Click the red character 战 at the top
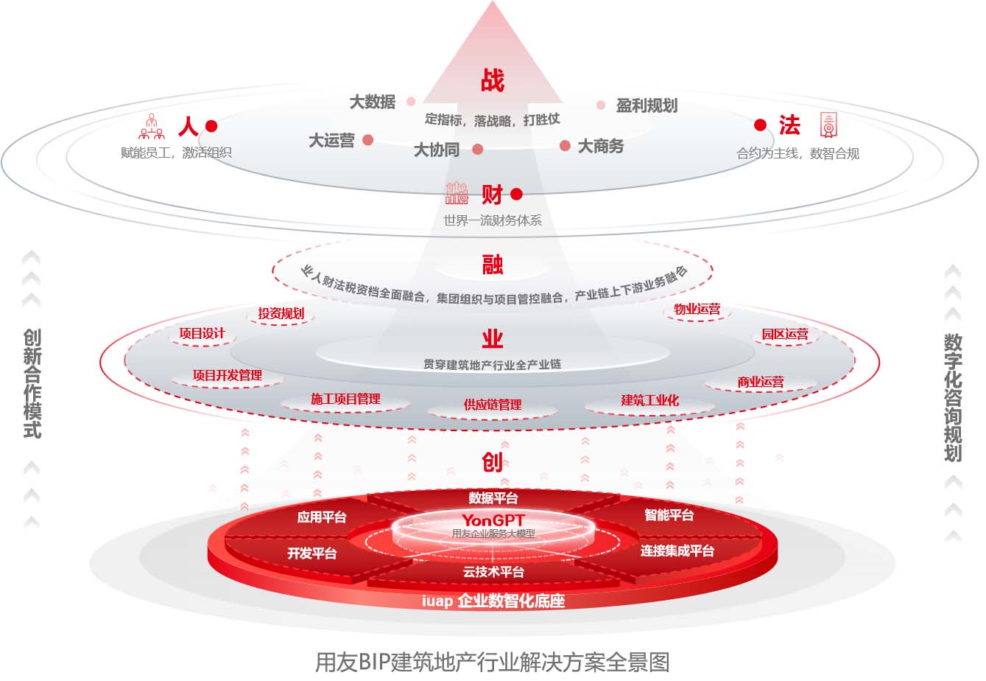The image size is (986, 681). (492, 80)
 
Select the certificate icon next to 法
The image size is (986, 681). (828, 125)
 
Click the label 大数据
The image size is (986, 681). (372, 102)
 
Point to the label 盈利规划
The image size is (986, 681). (646, 106)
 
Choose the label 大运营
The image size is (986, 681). (331, 140)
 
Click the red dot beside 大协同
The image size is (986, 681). (477, 150)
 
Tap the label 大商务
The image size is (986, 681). (600, 146)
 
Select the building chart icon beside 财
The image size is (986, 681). (457, 193)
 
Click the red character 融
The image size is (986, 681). (492, 265)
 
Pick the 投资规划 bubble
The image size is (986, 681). (281, 313)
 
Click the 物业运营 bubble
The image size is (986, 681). (697, 310)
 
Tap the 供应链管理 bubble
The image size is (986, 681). (492, 405)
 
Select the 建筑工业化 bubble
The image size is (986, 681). (649, 400)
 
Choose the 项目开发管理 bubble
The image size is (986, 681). (227, 375)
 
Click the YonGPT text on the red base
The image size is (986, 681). (493, 520)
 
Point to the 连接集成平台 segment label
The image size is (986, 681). (677, 551)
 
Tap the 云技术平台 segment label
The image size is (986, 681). (493, 572)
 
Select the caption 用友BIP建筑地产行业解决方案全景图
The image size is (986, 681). (492, 661)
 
